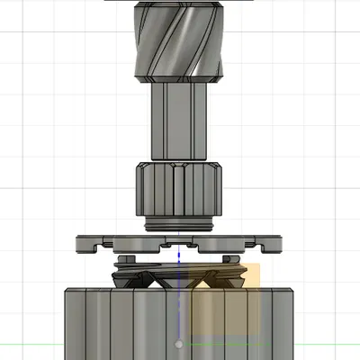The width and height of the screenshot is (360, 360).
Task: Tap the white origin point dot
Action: click(180, 344)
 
